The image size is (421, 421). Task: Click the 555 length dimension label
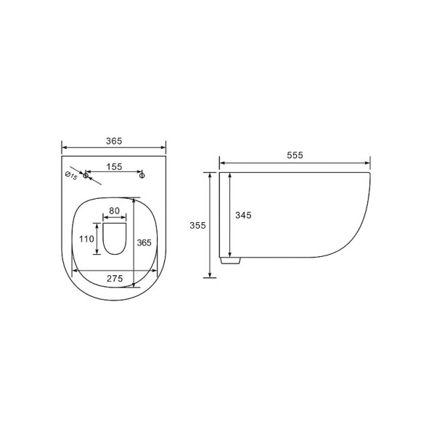pyautogui.click(x=295, y=155)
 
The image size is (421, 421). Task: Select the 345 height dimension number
pyautogui.click(x=243, y=215)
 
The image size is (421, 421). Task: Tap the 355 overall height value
pyautogui.click(x=197, y=225)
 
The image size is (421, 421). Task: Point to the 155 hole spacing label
pyautogui.click(x=114, y=167)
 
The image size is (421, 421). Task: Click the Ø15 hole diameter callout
pyautogui.click(x=71, y=176)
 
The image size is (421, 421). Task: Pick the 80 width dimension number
pyautogui.click(x=115, y=210)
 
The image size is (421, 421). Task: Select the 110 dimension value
pyautogui.click(x=86, y=239)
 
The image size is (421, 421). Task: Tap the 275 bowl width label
pyautogui.click(x=115, y=279)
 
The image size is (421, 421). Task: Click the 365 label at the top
pyautogui.click(x=114, y=141)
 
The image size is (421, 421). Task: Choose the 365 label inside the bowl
pyautogui.click(x=144, y=242)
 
